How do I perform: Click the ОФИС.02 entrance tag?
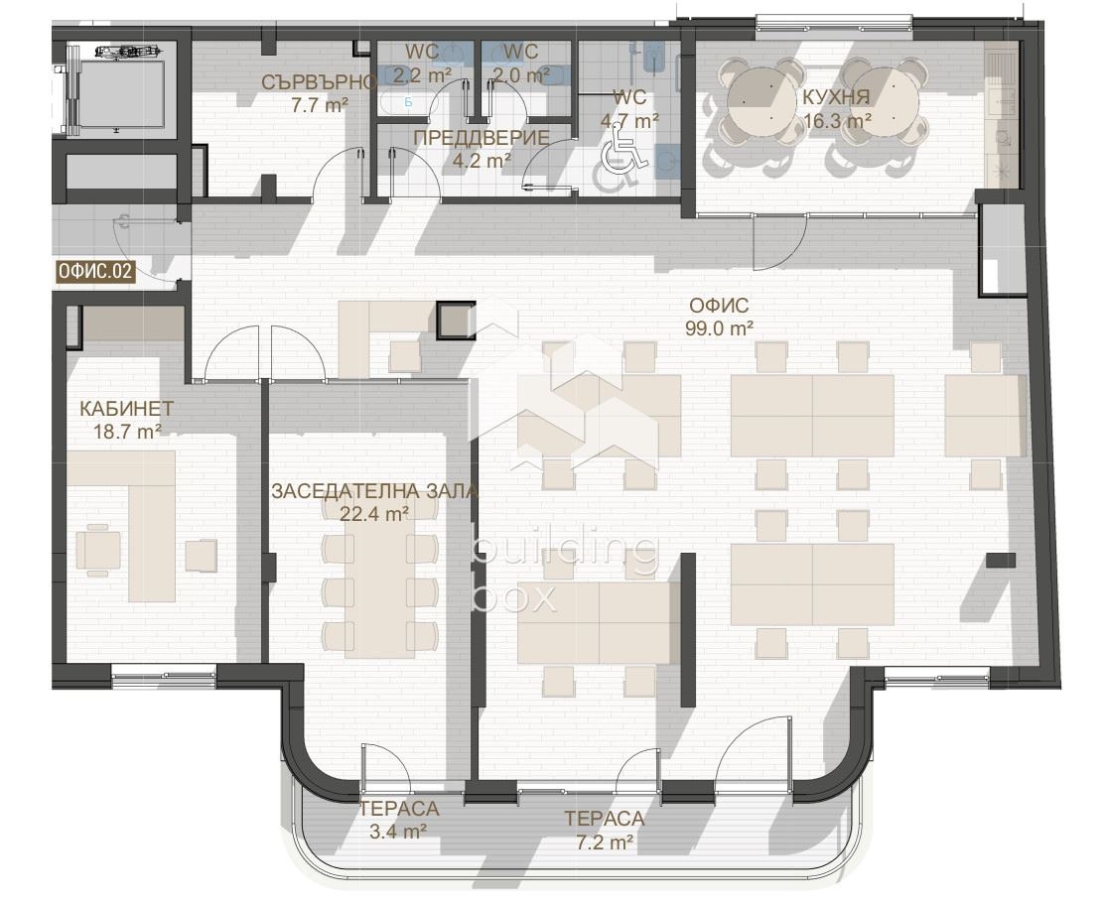[95, 272]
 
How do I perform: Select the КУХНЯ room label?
[837, 97]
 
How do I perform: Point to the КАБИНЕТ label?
[126, 409]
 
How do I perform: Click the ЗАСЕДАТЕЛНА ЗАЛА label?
[374, 491]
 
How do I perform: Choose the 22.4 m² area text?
[374, 514]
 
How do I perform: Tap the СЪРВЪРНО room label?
[319, 82]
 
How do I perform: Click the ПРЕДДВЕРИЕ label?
[482, 138]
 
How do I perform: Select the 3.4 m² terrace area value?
[398, 831]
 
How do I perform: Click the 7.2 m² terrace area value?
[604, 840]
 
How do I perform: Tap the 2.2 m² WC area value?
[421, 74]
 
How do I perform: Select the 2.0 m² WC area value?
[521, 74]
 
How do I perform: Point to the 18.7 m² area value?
[127, 432]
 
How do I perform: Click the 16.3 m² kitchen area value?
[837, 120]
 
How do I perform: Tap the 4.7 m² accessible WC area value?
[629, 120]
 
